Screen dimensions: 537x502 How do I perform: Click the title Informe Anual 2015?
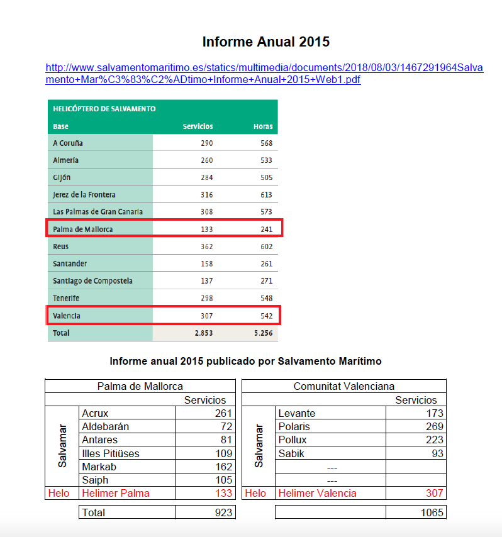tap(265, 42)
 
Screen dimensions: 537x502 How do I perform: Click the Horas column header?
tap(263, 126)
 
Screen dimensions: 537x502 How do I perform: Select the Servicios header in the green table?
tap(198, 126)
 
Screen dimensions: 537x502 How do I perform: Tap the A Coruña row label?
tap(68, 143)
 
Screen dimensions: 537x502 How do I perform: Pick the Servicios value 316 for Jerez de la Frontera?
tap(206, 195)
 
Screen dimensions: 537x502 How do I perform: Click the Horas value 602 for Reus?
tap(265, 246)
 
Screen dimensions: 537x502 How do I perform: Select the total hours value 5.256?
tap(263, 333)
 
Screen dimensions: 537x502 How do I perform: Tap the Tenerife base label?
tap(66, 298)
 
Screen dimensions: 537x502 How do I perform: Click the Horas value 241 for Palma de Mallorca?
tap(265, 230)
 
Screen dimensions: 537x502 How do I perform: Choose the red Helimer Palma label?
tap(116, 494)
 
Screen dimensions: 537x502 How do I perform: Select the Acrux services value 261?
tap(224, 414)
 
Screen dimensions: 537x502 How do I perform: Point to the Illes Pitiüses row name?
tap(111, 453)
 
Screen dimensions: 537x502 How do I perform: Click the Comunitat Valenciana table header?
tap(343, 386)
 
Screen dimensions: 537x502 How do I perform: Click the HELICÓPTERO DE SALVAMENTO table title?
tap(104, 109)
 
